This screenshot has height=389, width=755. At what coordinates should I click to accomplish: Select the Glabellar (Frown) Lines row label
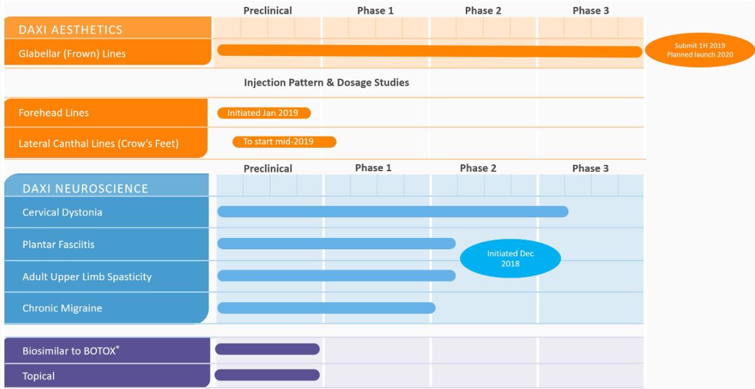(73, 54)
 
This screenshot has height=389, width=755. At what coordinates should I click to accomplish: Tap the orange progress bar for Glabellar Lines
(429, 51)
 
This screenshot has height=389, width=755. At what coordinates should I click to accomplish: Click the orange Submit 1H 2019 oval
(700, 50)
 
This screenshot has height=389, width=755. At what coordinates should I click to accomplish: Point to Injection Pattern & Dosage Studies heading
(327, 82)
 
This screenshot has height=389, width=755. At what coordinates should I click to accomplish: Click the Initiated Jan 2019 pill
(263, 113)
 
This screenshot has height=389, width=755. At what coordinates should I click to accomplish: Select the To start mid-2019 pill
(284, 142)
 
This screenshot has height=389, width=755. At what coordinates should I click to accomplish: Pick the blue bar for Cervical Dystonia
(392, 211)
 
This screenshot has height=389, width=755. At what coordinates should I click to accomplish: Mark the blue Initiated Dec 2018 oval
(510, 259)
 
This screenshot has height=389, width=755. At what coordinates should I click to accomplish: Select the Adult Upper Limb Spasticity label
(87, 276)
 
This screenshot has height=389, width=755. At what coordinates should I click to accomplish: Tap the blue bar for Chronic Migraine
(326, 308)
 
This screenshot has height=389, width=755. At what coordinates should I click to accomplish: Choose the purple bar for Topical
(267, 375)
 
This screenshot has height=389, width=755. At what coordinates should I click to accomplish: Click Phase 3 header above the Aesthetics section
(591, 11)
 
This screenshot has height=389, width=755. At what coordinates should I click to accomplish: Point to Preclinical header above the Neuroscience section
(268, 169)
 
